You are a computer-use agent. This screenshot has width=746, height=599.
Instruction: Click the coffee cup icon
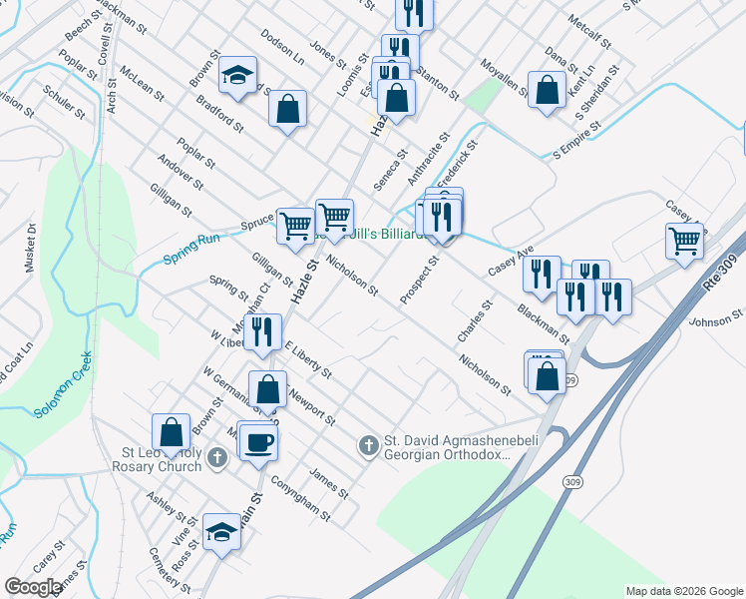(x=258, y=440)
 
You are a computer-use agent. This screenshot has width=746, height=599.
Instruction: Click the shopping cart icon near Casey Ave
(x=685, y=239)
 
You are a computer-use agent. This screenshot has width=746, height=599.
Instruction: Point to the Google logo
(x=33, y=587)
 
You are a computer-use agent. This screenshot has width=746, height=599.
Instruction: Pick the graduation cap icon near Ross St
(x=221, y=530)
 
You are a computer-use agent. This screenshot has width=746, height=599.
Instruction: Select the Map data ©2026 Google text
(x=684, y=591)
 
